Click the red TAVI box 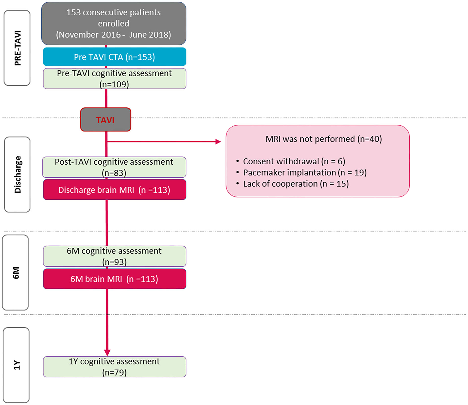pos(105,120)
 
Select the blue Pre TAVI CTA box pos(114,57)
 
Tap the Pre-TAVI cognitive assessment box pos(114,78)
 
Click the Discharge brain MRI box pos(114,190)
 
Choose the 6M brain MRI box pos(114,279)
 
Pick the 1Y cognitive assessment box pos(114,366)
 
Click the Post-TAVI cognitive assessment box pos(114,167)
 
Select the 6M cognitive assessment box pos(114,256)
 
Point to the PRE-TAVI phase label pos(17,48)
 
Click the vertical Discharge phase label pos(17,174)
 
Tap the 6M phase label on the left pos(16,273)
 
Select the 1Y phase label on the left pos(16,365)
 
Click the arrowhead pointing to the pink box pos(218,142)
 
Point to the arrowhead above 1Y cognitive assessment pos(107,353)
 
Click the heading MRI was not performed pos(324,139)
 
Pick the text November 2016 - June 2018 pos(114,35)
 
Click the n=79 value pos(114,372)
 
